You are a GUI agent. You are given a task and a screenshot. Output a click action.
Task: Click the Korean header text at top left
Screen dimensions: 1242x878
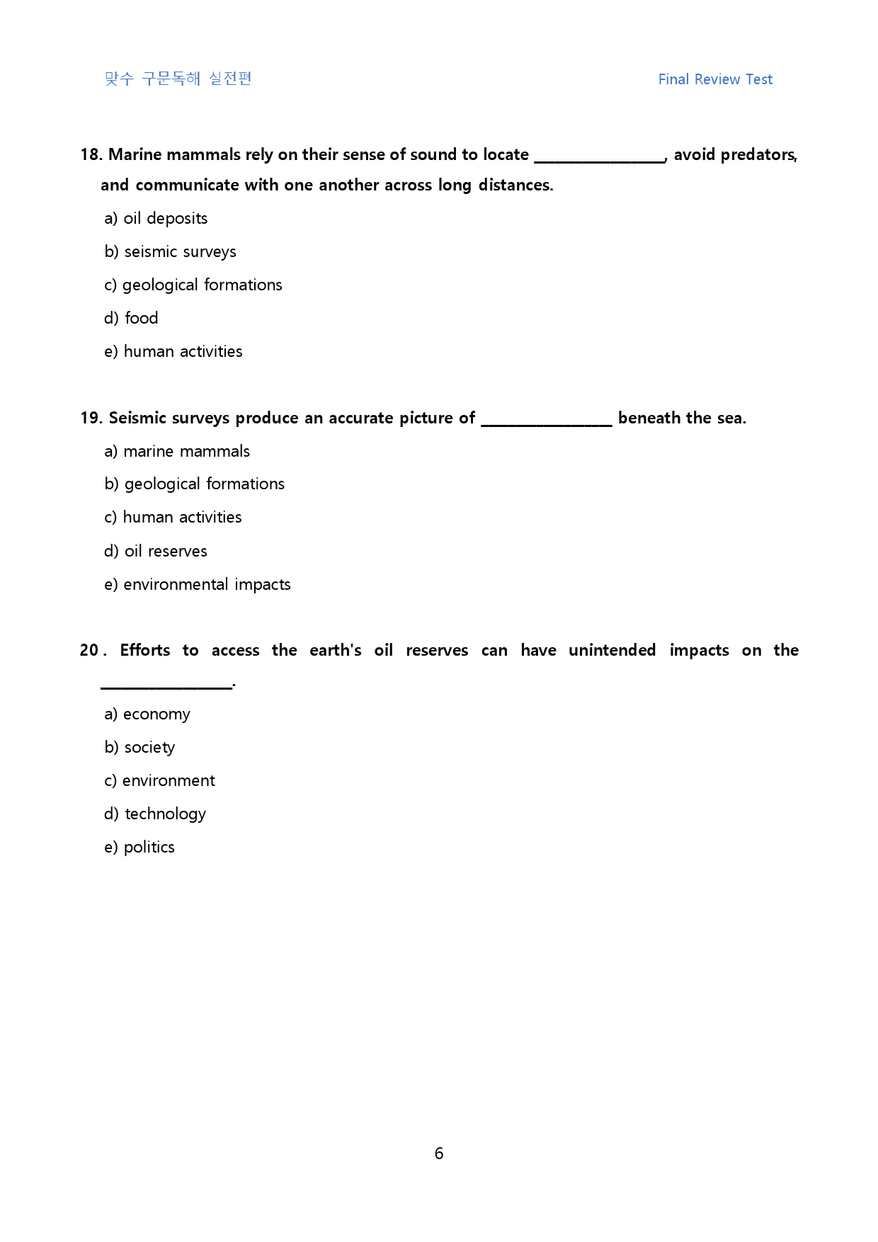(178, 79)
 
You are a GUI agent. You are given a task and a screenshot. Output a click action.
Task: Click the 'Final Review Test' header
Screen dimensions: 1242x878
(715, 79)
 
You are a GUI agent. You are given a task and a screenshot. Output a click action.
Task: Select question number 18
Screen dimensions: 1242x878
(91, 154)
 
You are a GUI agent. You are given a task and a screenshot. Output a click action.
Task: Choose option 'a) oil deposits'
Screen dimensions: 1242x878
(156, 218)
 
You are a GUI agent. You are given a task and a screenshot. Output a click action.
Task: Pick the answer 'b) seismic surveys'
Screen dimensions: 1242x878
(170, 251)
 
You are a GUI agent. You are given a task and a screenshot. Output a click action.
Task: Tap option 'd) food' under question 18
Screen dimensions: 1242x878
(131, 318)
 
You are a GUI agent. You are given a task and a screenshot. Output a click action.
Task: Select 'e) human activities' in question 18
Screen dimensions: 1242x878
(173, 351)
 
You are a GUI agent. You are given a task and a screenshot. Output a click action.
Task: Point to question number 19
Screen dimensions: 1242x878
(91, 418)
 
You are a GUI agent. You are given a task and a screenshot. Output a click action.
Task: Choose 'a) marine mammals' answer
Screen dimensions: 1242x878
(177, 451)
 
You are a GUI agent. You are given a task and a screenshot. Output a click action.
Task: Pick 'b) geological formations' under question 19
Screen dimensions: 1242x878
(194, 484)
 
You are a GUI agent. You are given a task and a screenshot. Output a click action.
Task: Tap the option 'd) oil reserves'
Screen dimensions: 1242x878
(156, 551)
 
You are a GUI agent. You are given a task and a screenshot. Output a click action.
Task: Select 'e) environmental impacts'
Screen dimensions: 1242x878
(197, 584)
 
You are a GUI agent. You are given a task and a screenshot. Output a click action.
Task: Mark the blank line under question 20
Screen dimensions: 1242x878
(166, 685)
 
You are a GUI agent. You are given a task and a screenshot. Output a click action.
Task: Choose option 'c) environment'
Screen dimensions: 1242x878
(159, 780)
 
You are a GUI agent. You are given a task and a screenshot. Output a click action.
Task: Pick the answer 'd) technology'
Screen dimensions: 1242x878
(155, 814)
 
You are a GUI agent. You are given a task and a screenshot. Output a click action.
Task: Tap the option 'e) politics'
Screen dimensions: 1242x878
(139, 847)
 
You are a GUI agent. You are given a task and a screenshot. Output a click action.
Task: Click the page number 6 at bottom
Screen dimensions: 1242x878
(439, 1153)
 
